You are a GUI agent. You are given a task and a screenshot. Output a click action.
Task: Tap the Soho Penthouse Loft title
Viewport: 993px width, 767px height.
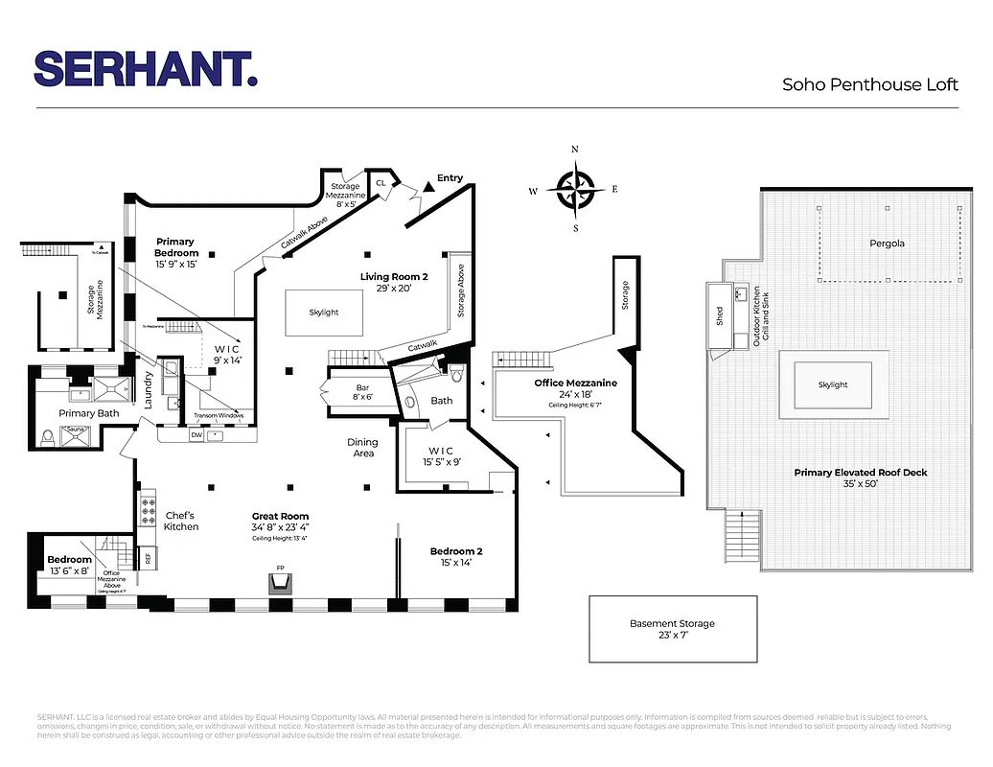[x=869, y=84]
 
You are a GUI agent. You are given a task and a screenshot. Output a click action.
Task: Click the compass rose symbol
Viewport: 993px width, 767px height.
[x=575, y=189]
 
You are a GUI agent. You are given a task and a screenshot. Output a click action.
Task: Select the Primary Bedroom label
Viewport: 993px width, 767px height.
[x=175, y=247]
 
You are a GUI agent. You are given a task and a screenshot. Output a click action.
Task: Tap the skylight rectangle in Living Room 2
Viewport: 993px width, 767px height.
[x=324, y=313]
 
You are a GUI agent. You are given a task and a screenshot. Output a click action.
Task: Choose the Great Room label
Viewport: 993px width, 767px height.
[x=280, y=516]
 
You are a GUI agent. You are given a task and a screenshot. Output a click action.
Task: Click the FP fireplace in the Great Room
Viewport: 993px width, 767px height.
[x=281, y=586]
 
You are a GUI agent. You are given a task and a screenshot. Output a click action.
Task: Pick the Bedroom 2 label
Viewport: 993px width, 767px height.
[x=455, y=551]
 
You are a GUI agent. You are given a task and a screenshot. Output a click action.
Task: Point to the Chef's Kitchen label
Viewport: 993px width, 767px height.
[x=181, y=521]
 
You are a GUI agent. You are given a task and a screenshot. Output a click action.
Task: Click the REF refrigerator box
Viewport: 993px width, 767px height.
[x=149, y=557]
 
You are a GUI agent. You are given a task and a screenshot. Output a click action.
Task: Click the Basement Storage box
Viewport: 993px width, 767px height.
[x=672, y=629]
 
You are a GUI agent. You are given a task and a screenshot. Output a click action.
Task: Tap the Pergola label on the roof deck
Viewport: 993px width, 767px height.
[x=887, y=244]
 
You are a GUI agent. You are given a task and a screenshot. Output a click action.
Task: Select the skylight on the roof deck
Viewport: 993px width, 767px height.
[x=833, y=384]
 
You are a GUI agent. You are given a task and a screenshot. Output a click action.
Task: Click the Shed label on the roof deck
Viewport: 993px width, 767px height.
[x=720, y=316]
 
